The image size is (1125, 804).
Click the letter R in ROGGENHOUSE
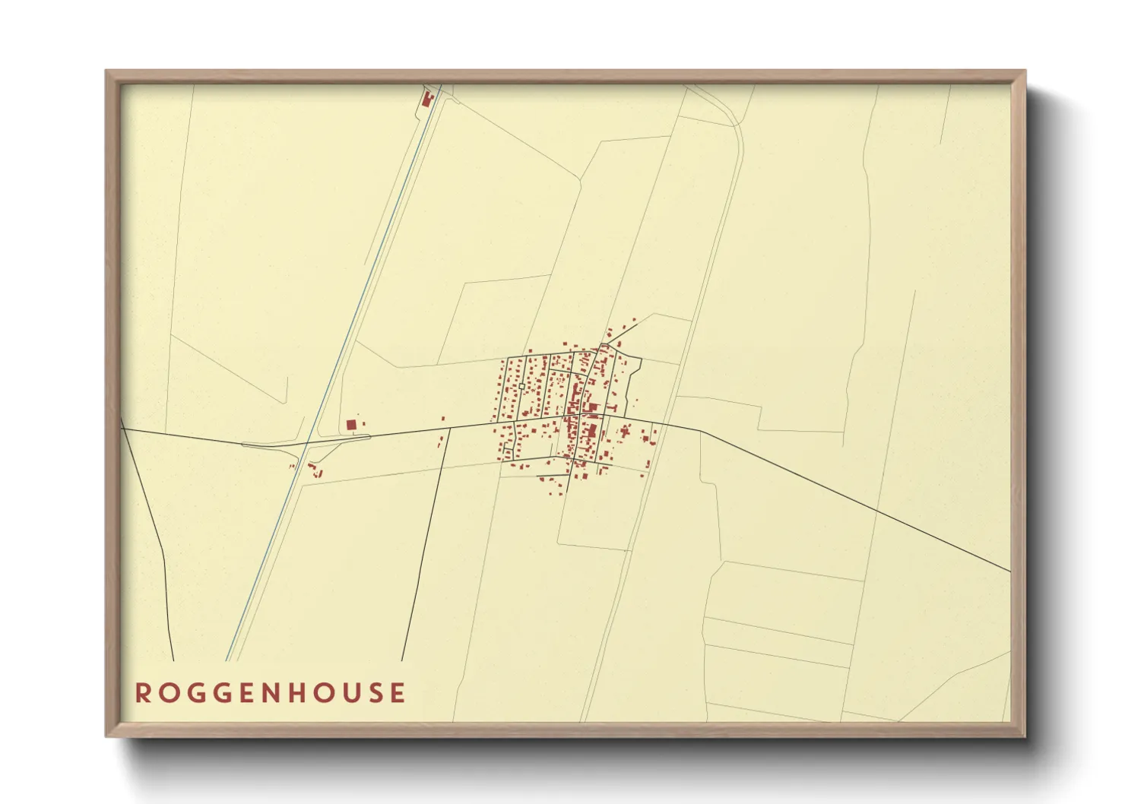click(143, 693)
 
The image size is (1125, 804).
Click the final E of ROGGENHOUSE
click(398, 693)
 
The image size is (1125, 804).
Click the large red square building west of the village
click(351, 425)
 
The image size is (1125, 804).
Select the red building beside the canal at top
click(426, 99)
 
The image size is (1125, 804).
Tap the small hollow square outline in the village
click(521, 387)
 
